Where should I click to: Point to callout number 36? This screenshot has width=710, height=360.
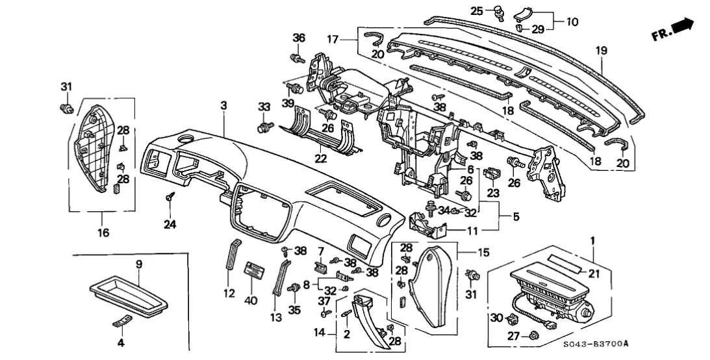coord(298,38)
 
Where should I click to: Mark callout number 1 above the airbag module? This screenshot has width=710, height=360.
coord(592,242)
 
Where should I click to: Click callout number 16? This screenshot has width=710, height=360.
coord(103,232)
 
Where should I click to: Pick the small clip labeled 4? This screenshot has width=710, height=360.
coord(121,322)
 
